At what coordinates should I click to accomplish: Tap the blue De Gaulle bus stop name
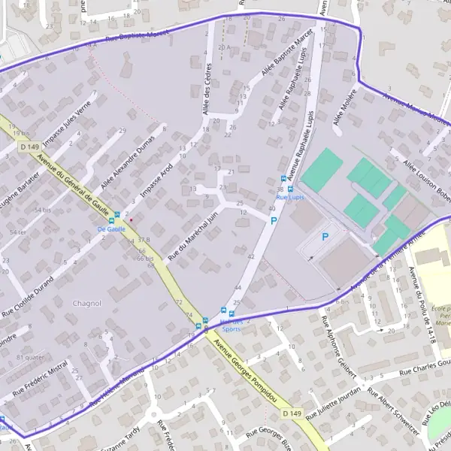tap(110, 228)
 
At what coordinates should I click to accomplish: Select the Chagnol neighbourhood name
tap(86, 303)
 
